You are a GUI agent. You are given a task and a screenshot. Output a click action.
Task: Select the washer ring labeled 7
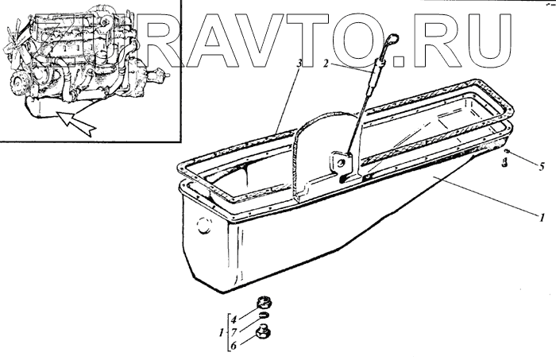[x=262, y=318]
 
